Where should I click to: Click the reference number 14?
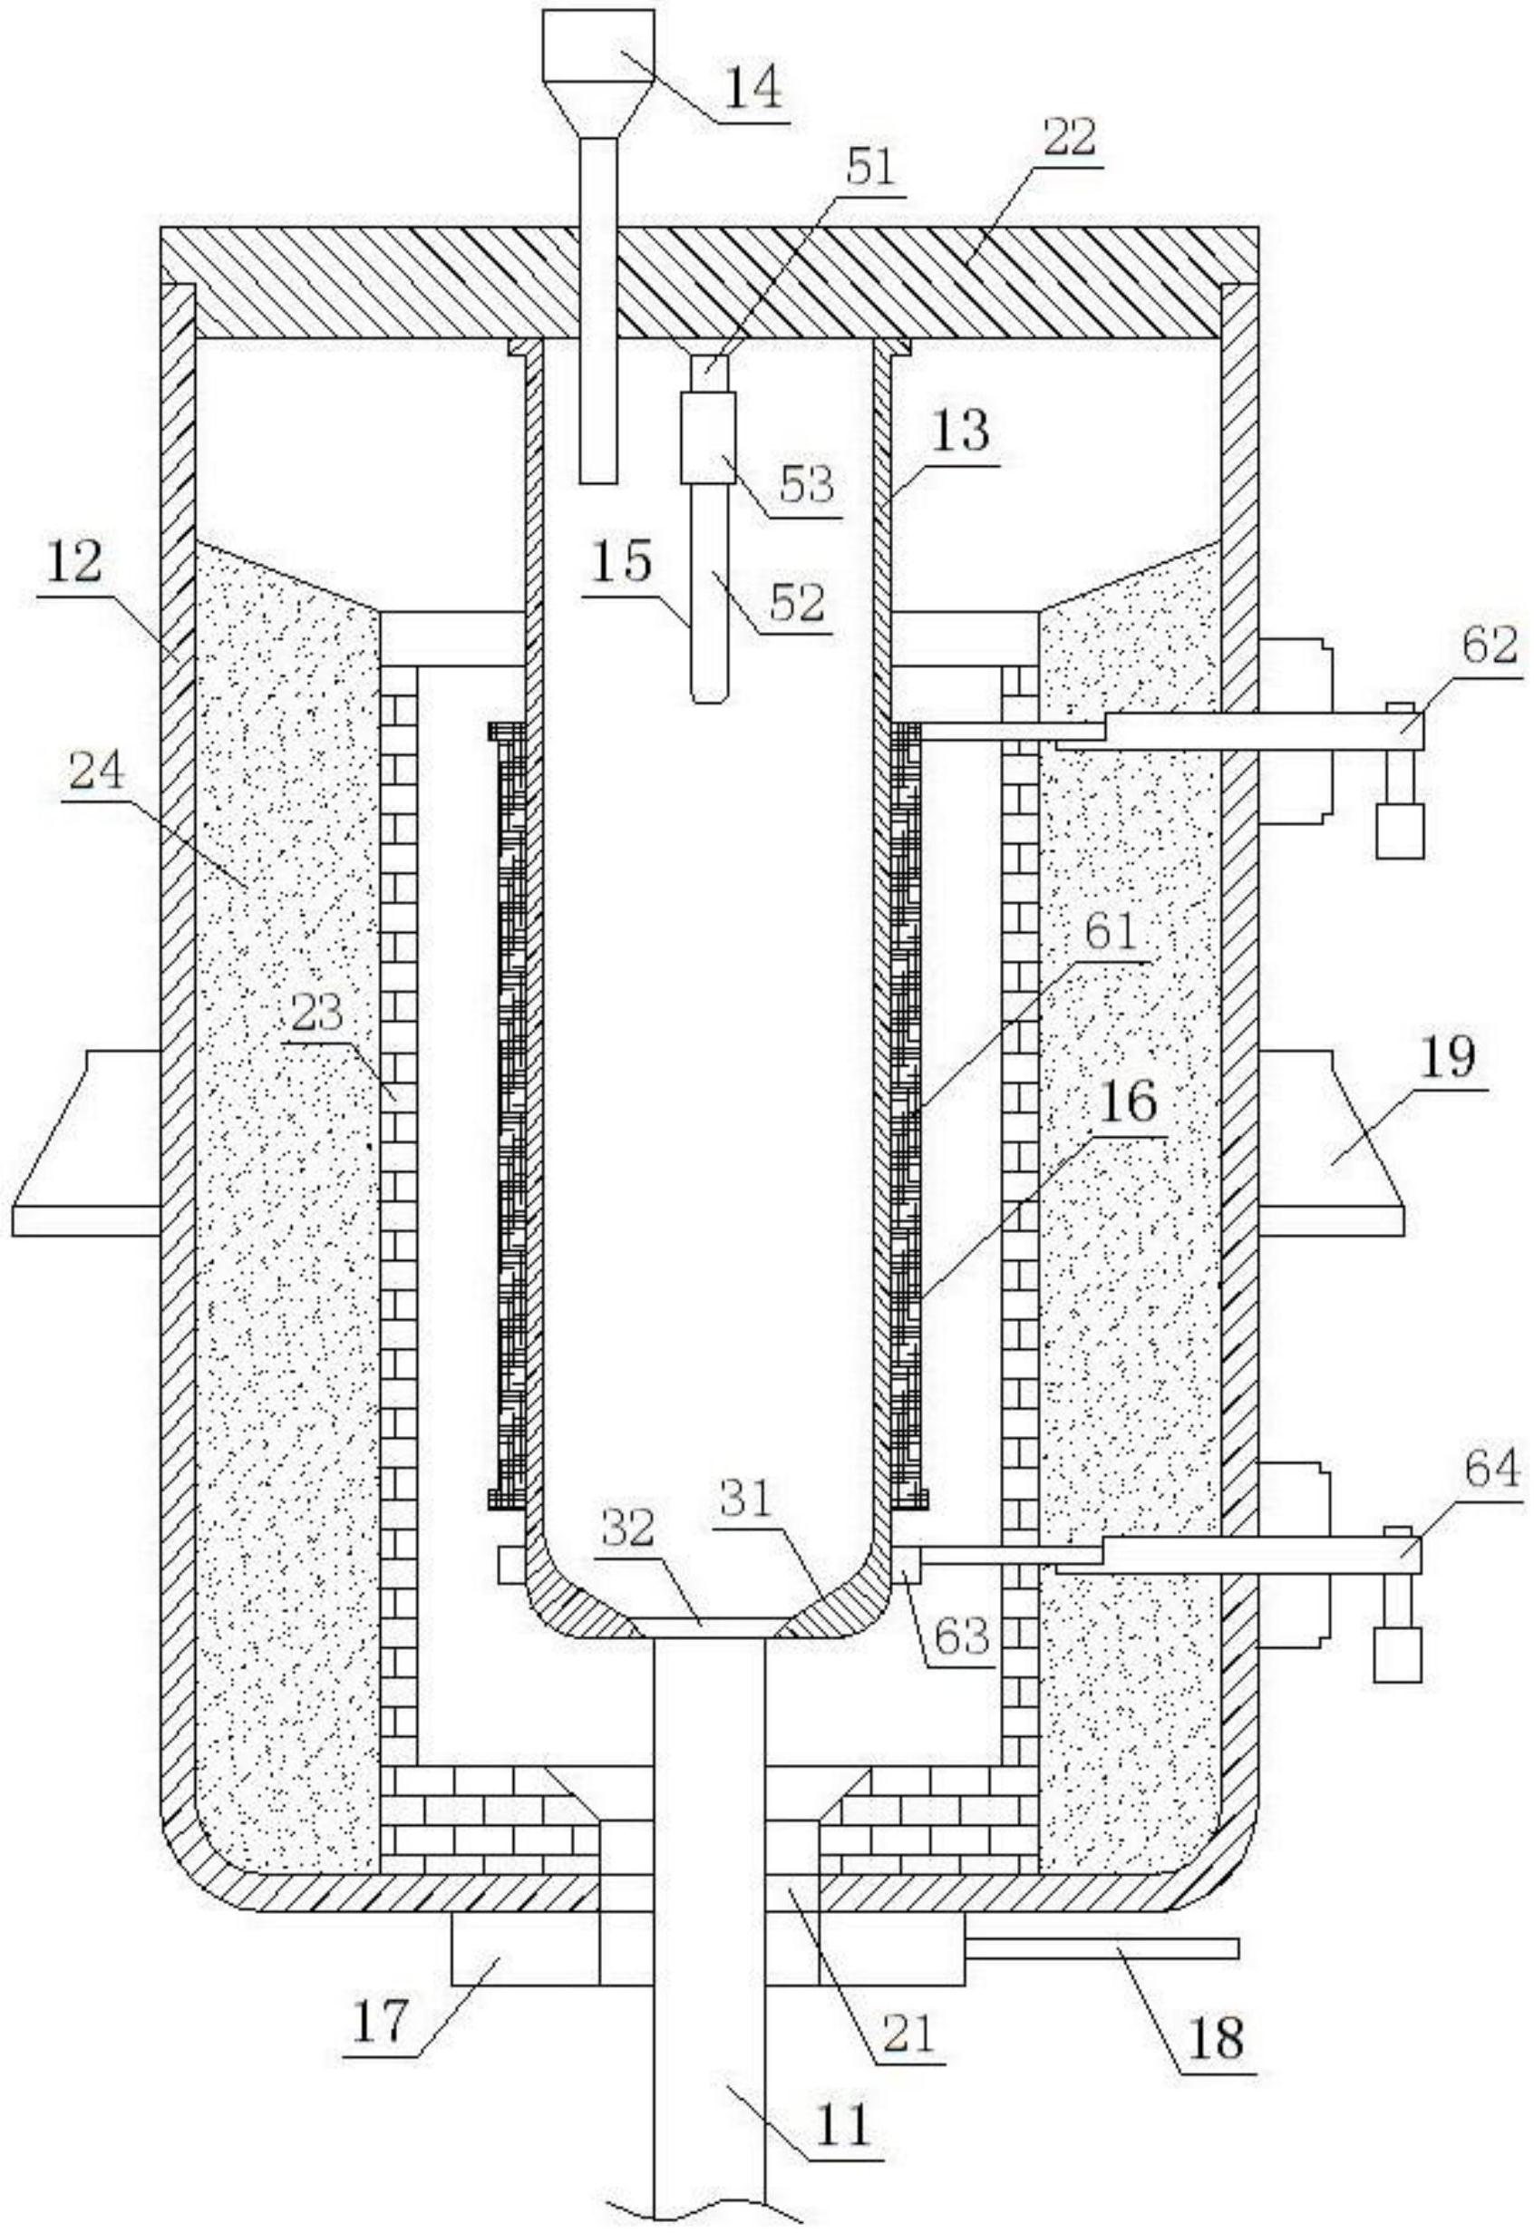752,90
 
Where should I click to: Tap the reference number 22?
1068,138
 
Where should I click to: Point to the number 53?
804,483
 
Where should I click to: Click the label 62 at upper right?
1489,646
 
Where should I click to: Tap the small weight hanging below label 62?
1400,830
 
